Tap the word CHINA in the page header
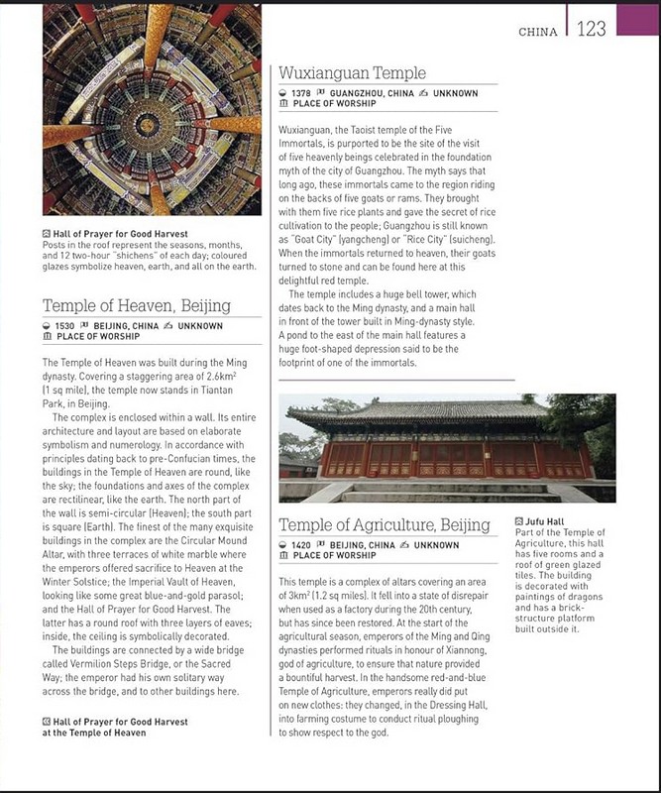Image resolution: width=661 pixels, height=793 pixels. [538, 32]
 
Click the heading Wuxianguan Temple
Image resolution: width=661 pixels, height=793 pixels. [352, 73]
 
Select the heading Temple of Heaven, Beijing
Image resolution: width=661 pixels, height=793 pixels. [136, 305]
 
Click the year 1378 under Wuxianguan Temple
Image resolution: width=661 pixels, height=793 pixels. [303, 93]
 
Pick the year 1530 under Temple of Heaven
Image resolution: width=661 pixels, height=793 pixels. [65, 326]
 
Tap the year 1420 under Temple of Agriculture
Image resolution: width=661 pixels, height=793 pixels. [303, 545]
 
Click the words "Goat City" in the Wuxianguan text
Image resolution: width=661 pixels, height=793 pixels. [311, 239]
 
